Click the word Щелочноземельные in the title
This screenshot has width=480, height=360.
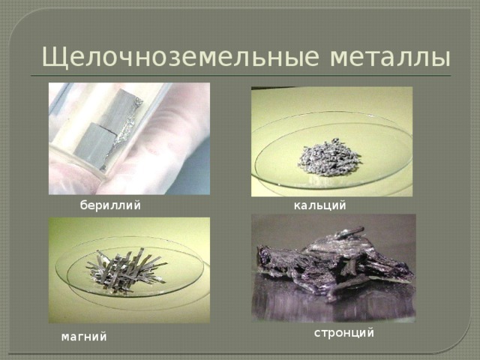pos(181,58)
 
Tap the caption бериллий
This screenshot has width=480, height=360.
pos(110,205)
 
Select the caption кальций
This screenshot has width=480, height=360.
pos(320,205)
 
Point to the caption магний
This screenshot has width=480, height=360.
pos(84,337)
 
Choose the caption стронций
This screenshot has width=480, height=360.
pos(344,332)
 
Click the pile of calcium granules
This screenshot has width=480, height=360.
pos(328,157)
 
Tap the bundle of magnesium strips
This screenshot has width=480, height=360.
pos(126,265)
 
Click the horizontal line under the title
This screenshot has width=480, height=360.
pos(241,76)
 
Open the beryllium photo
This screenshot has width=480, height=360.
pos(129,139)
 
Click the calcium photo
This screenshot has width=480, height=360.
pos(331,142)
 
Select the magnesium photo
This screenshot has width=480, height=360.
pos(129,270)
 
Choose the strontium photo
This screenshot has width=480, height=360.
pos(334,268)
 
